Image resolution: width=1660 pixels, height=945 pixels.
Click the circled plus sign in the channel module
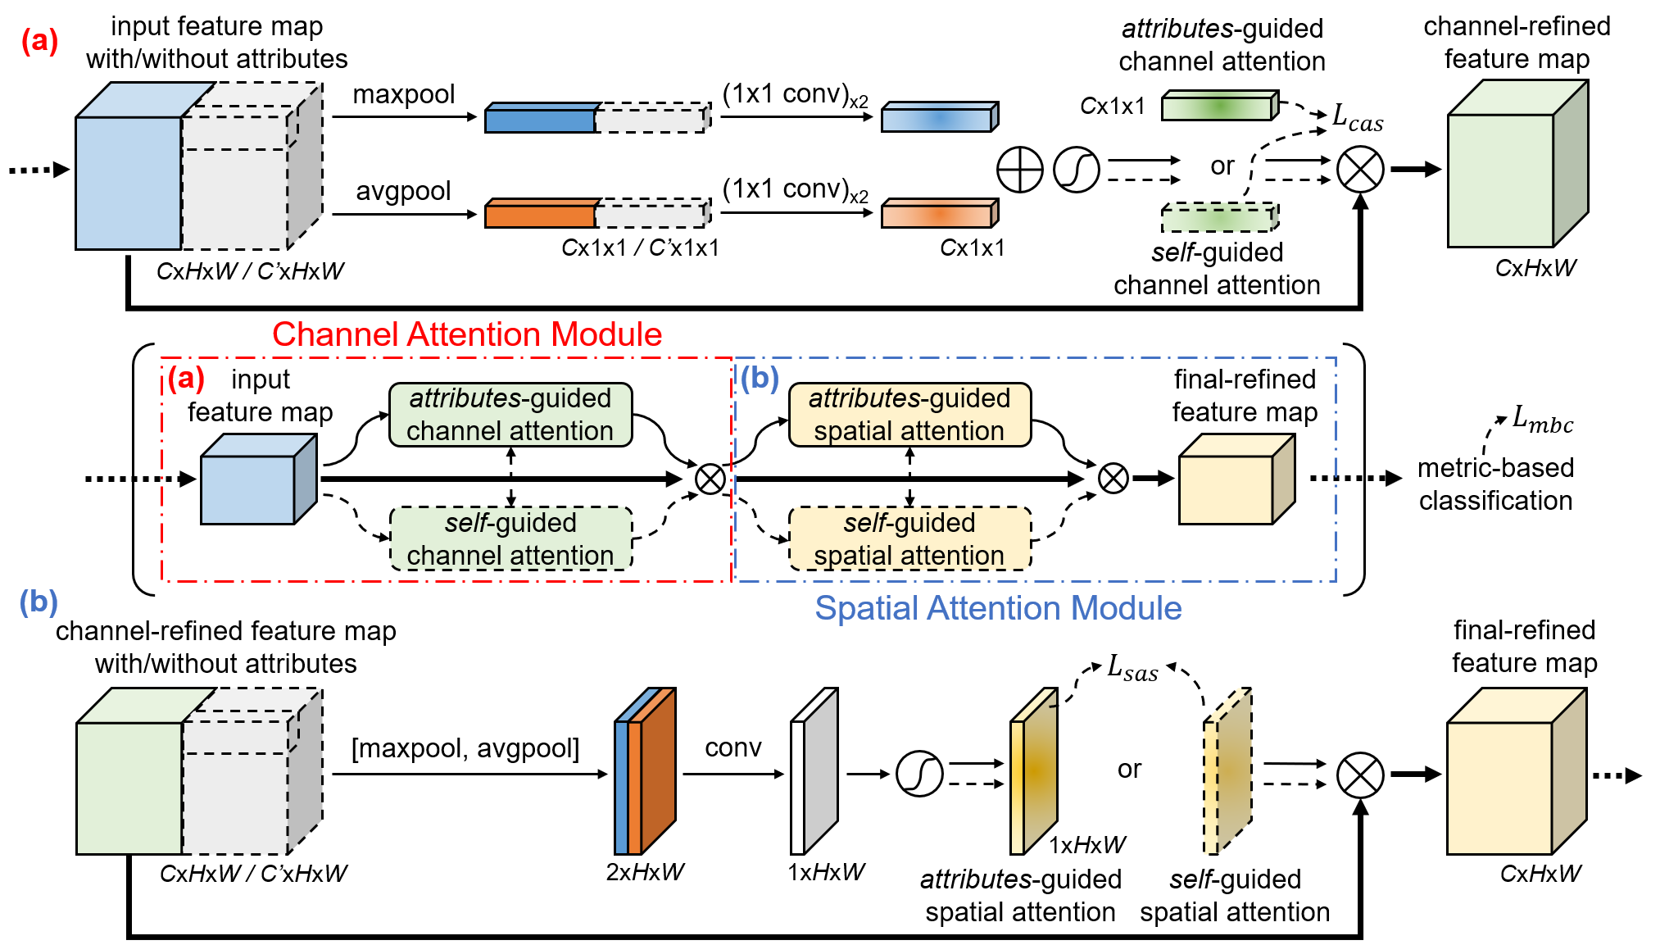tap(1019, 170)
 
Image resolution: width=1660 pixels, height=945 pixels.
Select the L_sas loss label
tap(1132, 667)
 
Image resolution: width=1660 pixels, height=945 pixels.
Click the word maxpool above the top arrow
tap(403, 95)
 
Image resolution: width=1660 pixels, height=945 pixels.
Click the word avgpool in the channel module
tap(403, 192)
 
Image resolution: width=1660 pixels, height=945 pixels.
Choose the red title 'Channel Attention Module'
tap(467, 334)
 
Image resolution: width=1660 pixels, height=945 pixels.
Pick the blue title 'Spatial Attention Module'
tap(998, 608)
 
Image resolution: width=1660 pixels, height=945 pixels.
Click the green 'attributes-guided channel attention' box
tap(510, 415)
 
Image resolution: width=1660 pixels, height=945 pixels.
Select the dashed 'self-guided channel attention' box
tap(511, 538)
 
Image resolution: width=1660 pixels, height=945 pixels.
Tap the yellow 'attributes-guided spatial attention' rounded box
tap(909, 415)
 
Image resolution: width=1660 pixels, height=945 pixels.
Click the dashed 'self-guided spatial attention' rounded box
tap(909, 538)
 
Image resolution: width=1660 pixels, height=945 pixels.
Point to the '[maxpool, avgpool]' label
tap(465, 748)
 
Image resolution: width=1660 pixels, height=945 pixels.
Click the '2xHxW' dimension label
tap(645, 872)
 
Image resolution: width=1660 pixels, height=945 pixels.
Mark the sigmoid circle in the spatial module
tap(919, 774)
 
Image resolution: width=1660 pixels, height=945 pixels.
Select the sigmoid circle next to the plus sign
tap(1076, 170)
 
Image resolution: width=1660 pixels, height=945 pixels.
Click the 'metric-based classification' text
tap(1496, 484)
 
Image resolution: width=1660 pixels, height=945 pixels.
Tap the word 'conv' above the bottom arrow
tap(732, 747)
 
